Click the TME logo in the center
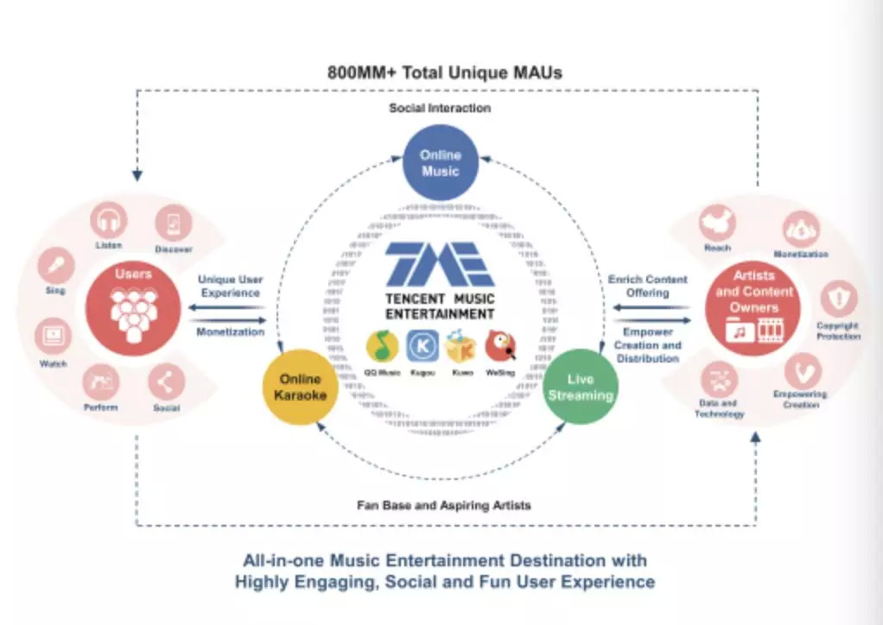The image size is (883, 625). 440,262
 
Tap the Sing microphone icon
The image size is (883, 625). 55,264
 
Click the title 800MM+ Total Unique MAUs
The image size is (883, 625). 444,72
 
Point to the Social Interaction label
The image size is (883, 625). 440,108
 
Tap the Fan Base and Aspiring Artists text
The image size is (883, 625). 444,505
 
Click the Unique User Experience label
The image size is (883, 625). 231,287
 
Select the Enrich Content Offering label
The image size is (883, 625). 647,286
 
